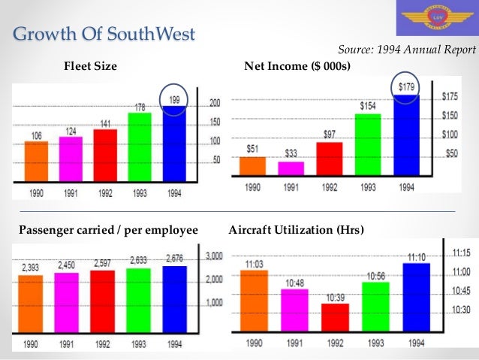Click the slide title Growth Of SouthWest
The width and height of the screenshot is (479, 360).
coord(105,34)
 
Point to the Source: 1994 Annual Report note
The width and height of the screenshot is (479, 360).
coord(406,50)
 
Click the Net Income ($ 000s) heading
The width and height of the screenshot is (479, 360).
coord(298,68)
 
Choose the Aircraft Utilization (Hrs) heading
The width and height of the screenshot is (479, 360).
coord(295,230)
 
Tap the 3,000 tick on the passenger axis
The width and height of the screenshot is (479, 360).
coord(215,256)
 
